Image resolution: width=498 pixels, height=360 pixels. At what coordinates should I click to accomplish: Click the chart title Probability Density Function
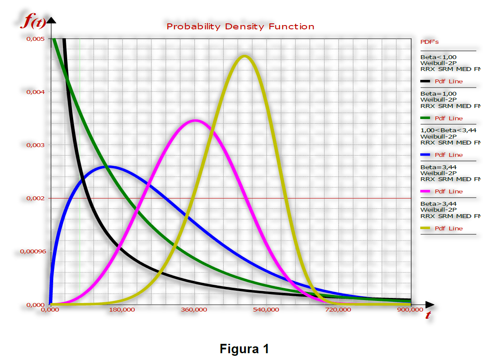coord(240,26)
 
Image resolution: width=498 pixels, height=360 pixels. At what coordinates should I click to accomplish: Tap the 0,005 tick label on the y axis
coord(36,39)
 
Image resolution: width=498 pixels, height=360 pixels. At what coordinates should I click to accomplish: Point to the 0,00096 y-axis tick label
coord(33,252)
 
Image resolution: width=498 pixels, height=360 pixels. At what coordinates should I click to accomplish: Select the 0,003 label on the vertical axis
coord(36,145)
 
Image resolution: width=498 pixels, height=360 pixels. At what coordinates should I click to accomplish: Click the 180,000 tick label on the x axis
coord(122,309)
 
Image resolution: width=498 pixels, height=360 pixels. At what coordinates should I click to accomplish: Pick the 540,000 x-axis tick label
coord(266,309)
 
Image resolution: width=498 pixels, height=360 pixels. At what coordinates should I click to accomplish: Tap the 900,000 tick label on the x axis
coord(410,309)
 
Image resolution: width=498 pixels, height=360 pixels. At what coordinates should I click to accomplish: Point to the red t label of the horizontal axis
coord(428,315)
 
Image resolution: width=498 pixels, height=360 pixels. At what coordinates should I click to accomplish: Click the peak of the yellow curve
coord(244,57)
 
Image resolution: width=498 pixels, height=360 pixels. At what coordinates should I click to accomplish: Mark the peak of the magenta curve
coord(195,121)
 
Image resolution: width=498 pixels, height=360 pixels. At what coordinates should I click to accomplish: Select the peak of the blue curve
coord(108,167)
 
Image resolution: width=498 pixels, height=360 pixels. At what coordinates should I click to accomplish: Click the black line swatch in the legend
coord(425,81)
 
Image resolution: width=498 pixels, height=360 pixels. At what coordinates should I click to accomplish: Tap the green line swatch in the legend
coord(425,118)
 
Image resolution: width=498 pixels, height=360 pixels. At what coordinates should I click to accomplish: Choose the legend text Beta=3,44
coord(438,167)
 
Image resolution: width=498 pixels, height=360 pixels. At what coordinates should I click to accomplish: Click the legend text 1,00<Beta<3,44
coord(448,130)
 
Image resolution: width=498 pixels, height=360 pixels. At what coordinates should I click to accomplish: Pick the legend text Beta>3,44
coord(438,204)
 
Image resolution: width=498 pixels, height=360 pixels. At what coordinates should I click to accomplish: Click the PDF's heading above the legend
coord(430,42)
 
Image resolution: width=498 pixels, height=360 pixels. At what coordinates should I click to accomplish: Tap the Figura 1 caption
coord(244,349)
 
